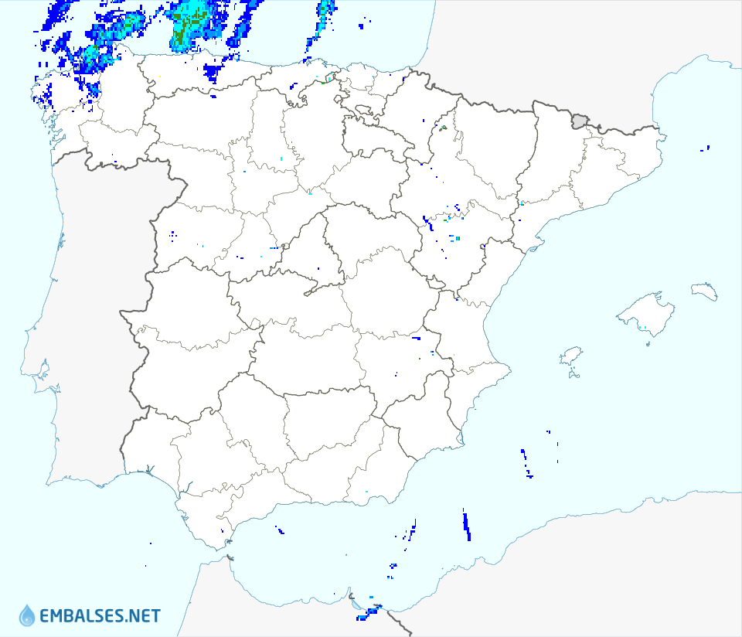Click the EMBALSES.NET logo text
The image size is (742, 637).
pyautogui.click(x=100, y=616)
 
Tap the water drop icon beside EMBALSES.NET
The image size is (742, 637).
pyautogui.click(x=27, y=615)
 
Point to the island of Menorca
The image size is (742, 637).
pyautogui.click(x=704, y=291)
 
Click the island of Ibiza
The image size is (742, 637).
pyautogui.click(x=570, y=356)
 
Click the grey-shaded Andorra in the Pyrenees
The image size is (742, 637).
pyautogui.click(x=580, y=120)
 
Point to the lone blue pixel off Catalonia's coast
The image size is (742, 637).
pyautogui.click(x=709, y=147)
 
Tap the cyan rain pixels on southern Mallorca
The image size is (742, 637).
pyautogui.click(x=644, y=329)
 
